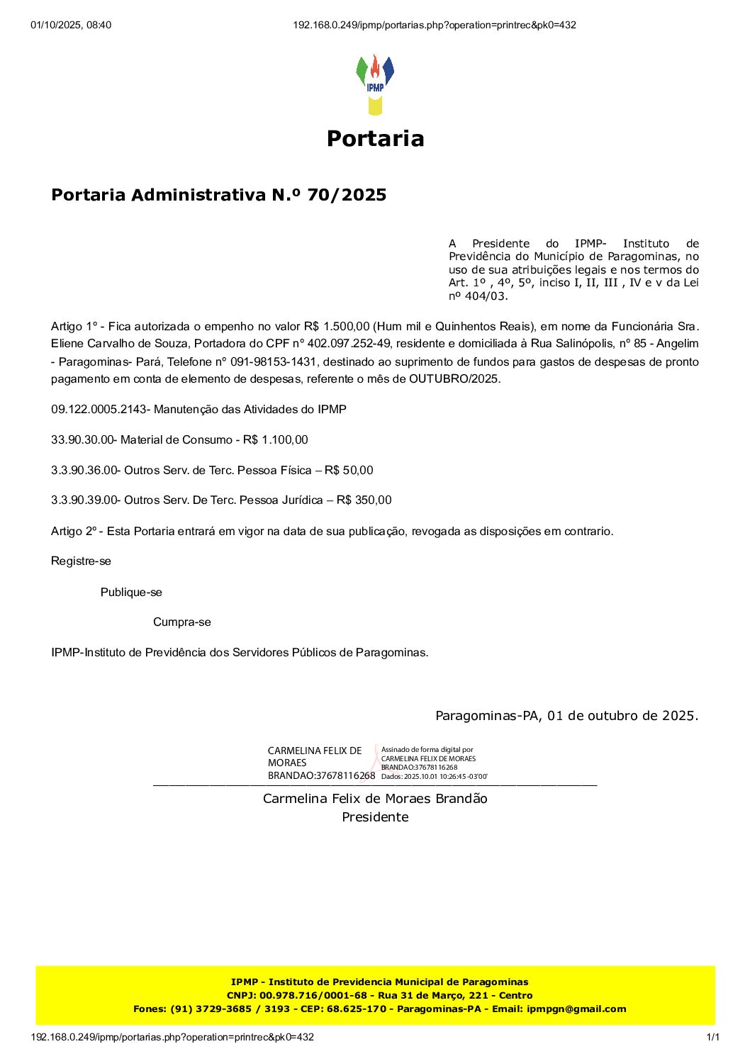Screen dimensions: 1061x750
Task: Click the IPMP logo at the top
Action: (x=375, y=84)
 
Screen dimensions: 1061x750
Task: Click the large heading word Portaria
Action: (x=375, y=138)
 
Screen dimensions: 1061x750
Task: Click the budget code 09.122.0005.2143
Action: (x=98, y=410)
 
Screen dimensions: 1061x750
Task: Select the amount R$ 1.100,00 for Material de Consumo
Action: (x=275, y=440)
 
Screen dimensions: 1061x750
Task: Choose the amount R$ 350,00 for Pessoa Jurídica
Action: (x=364, y=500)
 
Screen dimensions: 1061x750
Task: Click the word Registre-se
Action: (x=81, y=561)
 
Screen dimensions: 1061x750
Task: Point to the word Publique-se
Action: (x=131, y=593)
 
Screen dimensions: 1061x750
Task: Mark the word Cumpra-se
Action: (x=182, y=622)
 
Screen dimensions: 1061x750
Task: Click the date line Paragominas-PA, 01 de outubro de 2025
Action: (x=566, y=716)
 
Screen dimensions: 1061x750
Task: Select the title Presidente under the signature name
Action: (x=375, y=817)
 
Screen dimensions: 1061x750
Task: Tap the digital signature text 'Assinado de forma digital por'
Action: (x=427, y=750)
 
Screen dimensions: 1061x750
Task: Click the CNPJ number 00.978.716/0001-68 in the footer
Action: (x=313, y=996)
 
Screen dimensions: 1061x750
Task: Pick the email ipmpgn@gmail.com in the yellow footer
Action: (x=576, y=1009)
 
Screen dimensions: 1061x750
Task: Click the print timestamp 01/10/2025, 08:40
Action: (x=71, y=26)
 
